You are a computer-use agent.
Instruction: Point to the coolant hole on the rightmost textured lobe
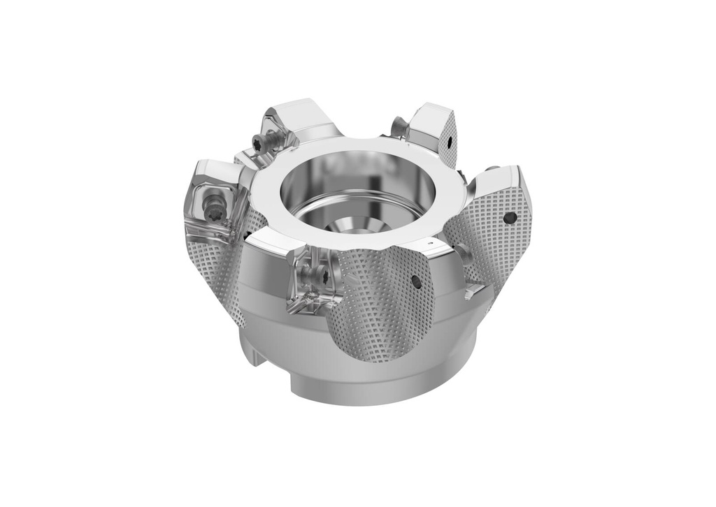tap(510, 218)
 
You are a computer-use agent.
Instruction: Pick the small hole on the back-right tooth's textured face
tap(450, 145)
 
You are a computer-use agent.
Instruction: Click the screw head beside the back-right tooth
tap(399, 126)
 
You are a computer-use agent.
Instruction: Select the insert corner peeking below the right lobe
tap(475, 288)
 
